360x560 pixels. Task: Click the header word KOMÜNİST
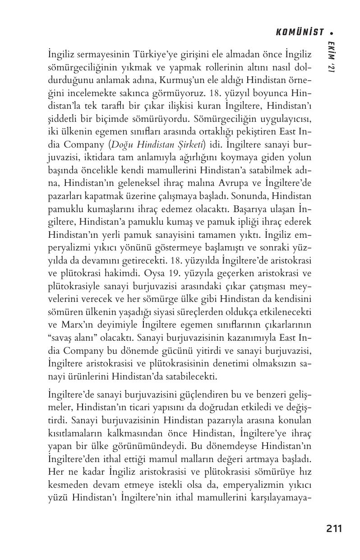300,32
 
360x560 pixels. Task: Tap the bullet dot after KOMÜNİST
332,32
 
